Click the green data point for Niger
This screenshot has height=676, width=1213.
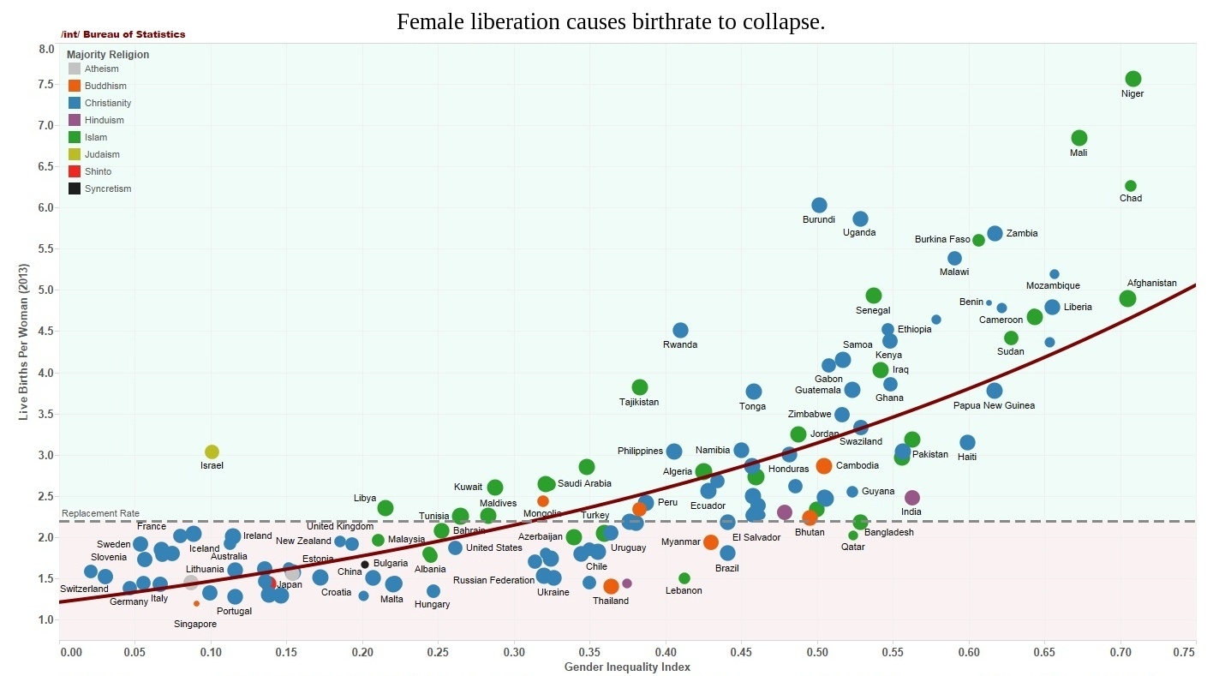coord(1132,79)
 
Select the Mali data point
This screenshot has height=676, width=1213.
coord(1079,138)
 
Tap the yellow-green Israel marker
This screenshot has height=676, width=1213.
coord(212,452)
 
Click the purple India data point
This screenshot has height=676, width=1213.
coord(912,498)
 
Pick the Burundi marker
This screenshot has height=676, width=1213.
coord(819,205)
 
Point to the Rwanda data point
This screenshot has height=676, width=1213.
coord(680,330)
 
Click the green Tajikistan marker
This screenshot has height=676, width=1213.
coord(640,387)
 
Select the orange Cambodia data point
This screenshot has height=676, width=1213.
coord(824,466)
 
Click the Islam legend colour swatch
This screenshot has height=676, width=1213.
coord(75,137)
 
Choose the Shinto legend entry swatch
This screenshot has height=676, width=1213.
coord(75,171)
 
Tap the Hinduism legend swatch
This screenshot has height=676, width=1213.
coord(75,120)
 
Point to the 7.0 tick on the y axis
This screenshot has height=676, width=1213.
coord(46,125)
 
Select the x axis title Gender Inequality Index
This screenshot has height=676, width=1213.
coord(627,667)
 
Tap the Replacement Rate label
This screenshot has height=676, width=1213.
coord(100,513)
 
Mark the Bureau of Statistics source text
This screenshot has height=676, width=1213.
coord(134,34)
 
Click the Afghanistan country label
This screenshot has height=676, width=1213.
coord(1151,283)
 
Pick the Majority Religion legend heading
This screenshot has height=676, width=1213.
coord(108,55)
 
